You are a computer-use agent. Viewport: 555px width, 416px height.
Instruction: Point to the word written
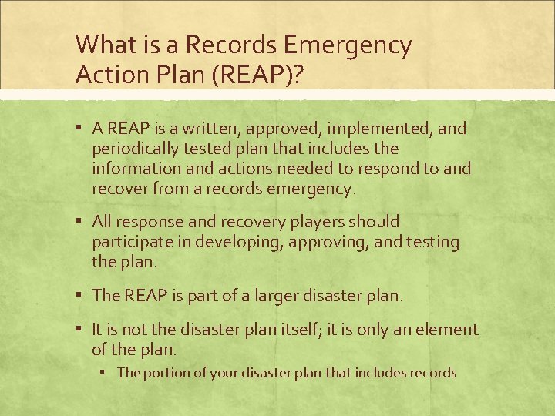(202, 129)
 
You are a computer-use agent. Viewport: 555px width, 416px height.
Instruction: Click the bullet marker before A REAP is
(81, 129)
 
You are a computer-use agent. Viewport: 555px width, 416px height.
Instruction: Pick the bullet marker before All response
(81, 222)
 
